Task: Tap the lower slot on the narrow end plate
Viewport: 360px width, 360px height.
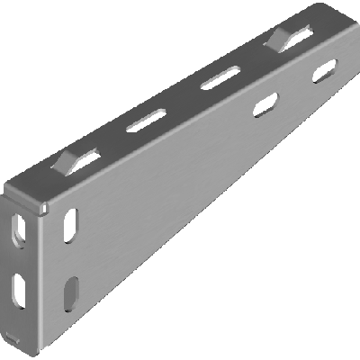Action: pos(19,288)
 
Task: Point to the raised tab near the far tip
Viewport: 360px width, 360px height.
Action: pos(279,36)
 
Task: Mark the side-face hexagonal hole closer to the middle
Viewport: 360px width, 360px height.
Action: pos(265,106)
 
